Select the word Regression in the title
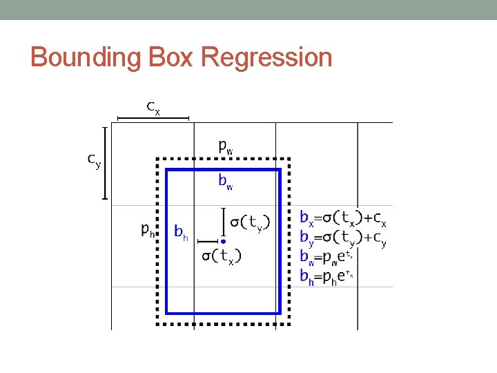266,57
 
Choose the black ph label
148,229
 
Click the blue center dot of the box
223,241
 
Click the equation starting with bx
343,218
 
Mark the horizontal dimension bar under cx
153,118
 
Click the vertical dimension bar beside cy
105,163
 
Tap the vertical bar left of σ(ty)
223,221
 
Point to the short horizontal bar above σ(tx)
208,241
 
